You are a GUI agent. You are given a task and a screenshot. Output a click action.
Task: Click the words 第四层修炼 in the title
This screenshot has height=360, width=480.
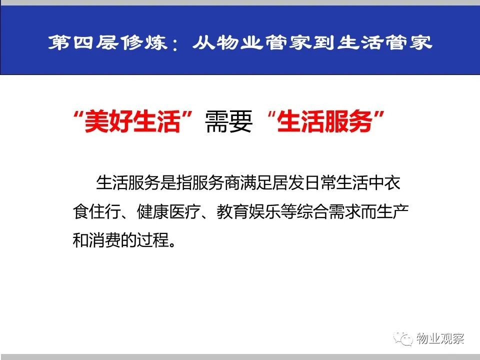point(107,42)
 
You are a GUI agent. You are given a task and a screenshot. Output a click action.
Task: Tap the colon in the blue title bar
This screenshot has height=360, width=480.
point(175,44)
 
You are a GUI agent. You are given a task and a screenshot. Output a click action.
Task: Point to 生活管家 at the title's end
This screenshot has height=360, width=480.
point(385,42)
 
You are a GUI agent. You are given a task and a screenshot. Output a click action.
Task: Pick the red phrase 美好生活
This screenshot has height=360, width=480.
point(132,121)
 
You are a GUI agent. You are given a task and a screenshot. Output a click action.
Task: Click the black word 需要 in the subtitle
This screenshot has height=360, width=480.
point(228,121)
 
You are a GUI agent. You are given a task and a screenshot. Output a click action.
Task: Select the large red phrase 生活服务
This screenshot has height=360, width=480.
point(324,121)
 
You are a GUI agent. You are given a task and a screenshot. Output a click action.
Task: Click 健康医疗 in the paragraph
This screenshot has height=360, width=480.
point(168,211)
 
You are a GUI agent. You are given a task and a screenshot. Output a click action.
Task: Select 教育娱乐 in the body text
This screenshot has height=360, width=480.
point(248,211)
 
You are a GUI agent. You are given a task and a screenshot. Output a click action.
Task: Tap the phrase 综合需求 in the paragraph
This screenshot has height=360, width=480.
point(328,211)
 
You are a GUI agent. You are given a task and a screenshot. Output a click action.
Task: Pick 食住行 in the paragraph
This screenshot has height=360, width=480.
point(96,211)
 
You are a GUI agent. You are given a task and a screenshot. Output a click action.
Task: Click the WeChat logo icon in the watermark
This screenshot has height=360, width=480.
point(403,338)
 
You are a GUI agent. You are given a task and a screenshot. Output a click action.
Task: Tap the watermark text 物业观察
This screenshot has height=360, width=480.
point(440,338)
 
